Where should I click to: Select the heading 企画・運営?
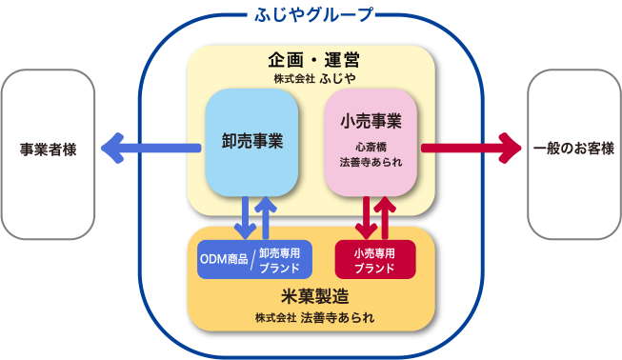311,59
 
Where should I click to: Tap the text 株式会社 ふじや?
311,78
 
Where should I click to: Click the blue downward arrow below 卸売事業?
245,218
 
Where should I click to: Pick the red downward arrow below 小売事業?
365,218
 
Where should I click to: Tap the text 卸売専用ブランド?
279,259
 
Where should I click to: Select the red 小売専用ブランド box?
375,259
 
